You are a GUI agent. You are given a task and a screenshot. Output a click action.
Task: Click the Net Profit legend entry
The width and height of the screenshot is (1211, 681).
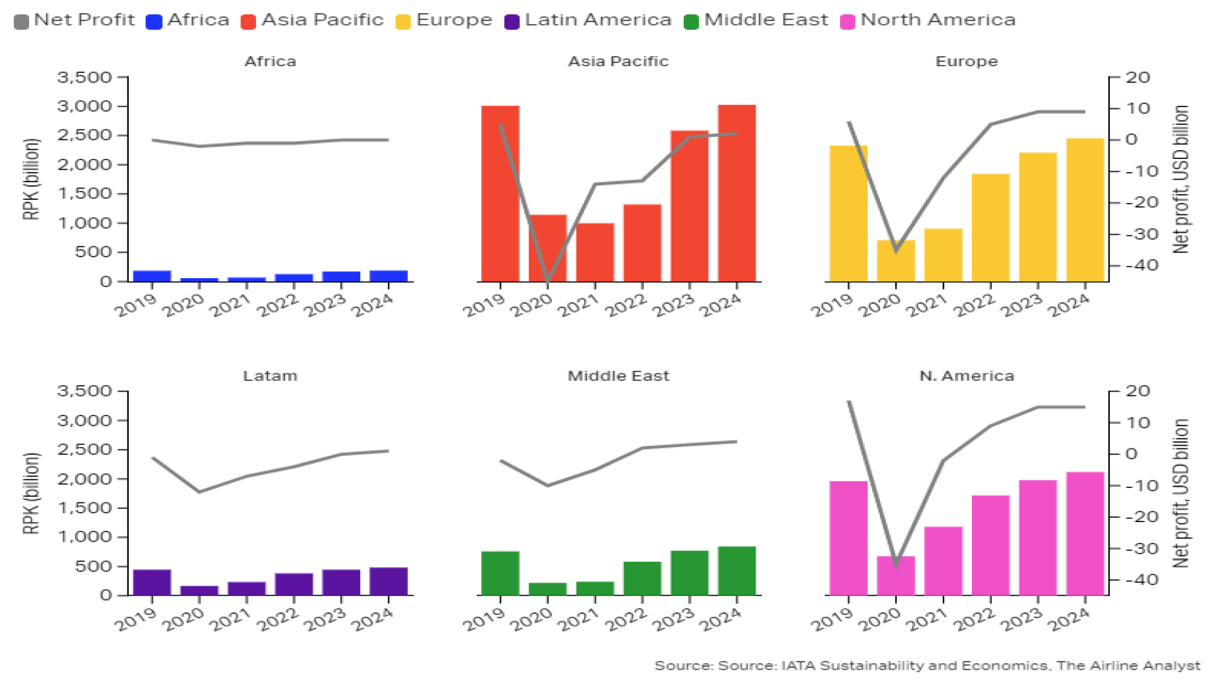click(74, 20)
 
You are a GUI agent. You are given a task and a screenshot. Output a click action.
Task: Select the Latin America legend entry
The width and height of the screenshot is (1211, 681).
click(588, 20)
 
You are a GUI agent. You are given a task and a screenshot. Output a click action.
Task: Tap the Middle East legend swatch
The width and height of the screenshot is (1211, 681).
click(691, 21)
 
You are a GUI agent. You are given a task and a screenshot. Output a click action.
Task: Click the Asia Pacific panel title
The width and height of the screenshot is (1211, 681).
click(618, 61)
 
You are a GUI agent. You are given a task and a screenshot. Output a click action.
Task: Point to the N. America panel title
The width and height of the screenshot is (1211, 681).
click(966, 376)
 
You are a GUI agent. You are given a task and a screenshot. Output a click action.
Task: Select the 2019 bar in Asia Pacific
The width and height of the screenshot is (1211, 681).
click(500, 194)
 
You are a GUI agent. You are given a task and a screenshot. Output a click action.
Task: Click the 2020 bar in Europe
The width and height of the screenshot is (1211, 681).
click(896, 260)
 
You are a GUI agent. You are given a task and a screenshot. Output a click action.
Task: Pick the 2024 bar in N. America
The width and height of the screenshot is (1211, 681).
click(1085, 533)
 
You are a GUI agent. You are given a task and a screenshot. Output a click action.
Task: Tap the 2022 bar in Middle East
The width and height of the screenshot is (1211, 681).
click(642, 578)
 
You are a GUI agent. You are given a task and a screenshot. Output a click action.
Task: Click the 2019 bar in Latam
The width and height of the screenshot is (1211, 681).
click(152, 583)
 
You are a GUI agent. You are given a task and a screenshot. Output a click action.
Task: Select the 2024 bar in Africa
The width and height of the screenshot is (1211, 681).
click(389, 276)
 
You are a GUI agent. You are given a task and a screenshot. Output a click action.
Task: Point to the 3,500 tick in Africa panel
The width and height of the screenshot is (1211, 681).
click(85, 78)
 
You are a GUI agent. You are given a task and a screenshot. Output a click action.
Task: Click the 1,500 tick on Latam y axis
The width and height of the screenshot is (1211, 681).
click(85, 508)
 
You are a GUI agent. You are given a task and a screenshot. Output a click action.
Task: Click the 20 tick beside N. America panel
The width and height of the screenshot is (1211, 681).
click(1138, 391)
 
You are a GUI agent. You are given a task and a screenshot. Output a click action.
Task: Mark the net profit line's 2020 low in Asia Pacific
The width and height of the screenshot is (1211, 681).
click(547, 279)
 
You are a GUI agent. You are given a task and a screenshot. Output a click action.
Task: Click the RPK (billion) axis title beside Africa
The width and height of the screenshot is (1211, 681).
click(31, 179)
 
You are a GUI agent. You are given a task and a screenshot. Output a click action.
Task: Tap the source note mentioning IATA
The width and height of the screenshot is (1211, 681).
click(927, 666)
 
